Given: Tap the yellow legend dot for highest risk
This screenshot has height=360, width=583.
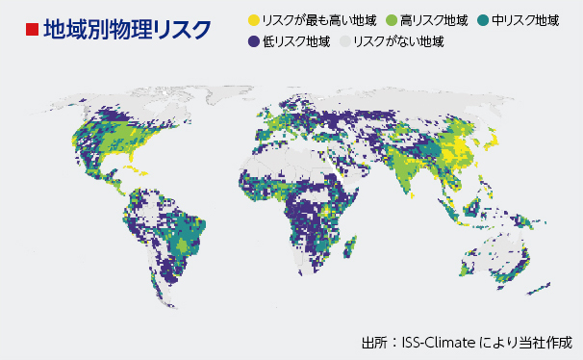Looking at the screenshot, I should (x=254, y=18).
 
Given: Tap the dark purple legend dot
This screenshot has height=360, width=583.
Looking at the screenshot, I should (x=254, y=41).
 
